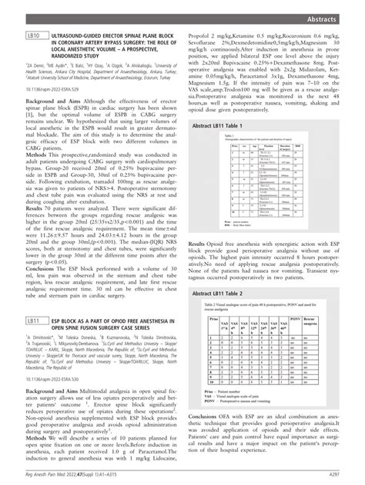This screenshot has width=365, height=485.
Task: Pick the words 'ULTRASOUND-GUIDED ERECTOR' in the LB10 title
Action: click(x=91, y=35)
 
